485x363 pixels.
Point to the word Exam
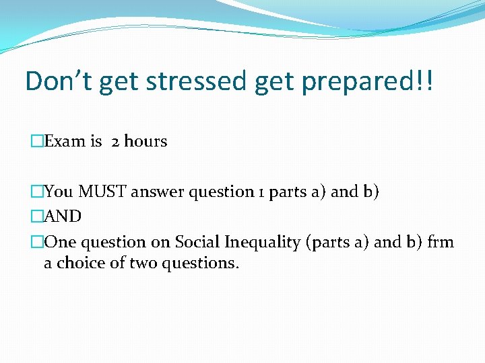[x=65, y=142]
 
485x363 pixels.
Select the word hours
[x=145, y=142]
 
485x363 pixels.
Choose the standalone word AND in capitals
[x=63, y=217]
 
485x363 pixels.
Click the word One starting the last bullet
[x=59, y=242]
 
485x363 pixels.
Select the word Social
[x=196, y=242]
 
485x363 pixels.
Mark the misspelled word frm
[x=441, y=242]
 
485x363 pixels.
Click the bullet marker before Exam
[x=37, y=142]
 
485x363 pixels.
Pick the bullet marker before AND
[x=37, y=217]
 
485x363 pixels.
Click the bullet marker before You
[x=37, y=192]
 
